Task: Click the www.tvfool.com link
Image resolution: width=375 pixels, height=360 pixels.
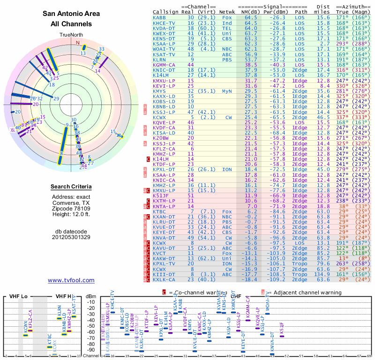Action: pos(71,280)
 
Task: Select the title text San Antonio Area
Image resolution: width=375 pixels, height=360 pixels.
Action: pos(71,14)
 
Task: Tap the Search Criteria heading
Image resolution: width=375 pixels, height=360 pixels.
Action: pos(71,187)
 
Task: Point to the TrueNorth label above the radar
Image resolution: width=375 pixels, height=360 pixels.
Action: pos(71,35)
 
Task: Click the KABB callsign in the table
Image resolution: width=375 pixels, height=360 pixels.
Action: pos(160,17)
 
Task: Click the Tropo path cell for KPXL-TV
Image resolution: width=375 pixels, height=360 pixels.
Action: pos(301,263)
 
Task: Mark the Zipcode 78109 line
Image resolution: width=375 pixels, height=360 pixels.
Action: pos(71,209)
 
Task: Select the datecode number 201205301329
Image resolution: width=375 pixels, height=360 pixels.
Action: pos(71,237)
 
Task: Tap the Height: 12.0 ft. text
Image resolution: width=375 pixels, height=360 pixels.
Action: pos(71,215)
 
